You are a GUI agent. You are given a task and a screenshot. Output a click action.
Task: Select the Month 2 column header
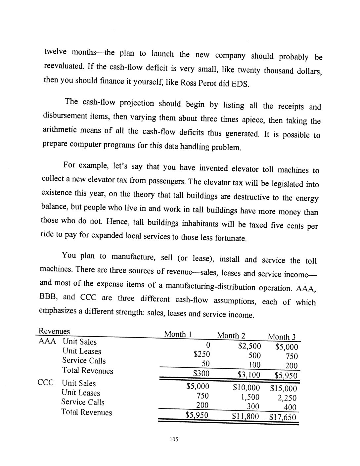pos(231,336)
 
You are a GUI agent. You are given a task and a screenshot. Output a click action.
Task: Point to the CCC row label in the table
pos(45,383)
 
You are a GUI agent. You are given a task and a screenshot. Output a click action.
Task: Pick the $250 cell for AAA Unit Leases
pos(202,354)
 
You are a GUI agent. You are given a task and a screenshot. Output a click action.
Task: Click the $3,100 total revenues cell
pos(249,375)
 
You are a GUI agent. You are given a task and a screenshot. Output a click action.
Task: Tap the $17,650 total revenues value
pos(283,417)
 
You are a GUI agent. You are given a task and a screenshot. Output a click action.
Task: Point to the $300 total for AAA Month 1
pos(201,373)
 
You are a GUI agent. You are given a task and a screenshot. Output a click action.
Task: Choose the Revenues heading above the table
pos(54,331)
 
